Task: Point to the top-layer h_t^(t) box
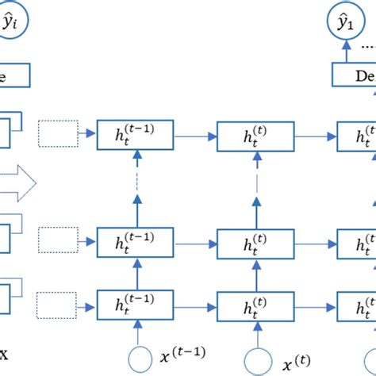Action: pyautogui.click(x=255, y=134)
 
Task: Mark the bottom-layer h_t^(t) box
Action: pyautogui.click(x=255, y=304)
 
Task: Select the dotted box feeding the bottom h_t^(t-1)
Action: pyautogui.click(x=57, y=302)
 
